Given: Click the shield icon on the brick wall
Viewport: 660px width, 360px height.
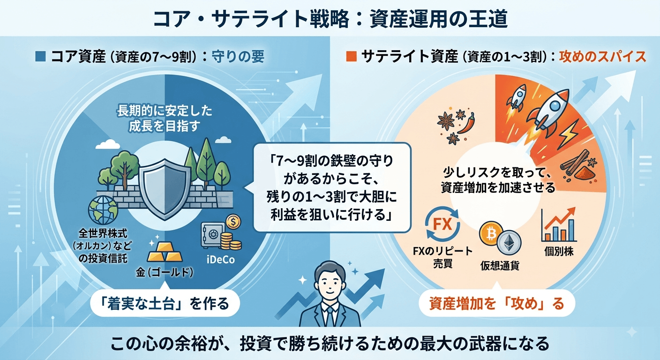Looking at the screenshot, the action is tap(165, 189).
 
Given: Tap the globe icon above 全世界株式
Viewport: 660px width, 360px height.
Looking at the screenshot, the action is tap(103, 210).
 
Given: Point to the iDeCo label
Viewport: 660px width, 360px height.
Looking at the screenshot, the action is tap(221, 260).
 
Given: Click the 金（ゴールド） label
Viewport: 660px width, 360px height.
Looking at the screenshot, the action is tap(165, 273).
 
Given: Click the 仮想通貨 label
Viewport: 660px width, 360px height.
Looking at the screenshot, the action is tap(500, 266).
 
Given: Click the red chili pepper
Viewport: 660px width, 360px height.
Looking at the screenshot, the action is tap(466, 123).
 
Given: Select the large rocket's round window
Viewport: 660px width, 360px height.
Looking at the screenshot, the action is tap(555, 105).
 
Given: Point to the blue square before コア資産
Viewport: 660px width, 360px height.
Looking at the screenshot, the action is tap(40, 57).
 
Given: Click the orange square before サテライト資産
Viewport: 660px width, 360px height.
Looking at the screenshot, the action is tap(351, 57).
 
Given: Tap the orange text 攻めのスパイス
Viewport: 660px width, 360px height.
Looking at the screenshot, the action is tap(602, 57).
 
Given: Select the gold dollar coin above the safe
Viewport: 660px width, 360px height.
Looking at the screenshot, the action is tap(233, 222).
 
